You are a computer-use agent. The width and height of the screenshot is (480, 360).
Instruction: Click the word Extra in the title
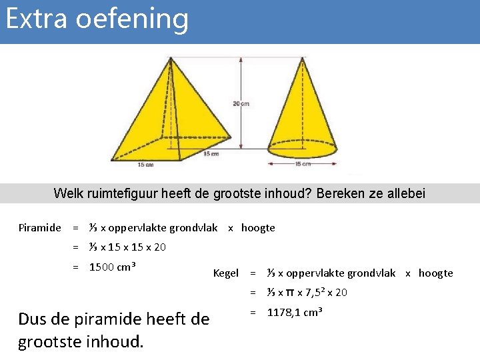click(x=37, y=19)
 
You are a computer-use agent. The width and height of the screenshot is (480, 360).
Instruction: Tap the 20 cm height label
click(x=241, y=103)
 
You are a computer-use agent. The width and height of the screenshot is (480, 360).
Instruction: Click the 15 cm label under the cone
click(x=303, y=163)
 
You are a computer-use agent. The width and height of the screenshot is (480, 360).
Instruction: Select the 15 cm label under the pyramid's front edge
click(x=145, y=164)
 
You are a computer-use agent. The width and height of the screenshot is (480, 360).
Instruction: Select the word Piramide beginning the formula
click(x=39, y=228)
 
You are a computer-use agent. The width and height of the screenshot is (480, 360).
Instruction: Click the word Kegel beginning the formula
click(x=225, y=273)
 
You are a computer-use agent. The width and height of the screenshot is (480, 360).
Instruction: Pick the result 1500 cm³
click(x=113, y=267)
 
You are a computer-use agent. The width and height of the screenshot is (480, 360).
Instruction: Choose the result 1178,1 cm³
click(x=295, y=313)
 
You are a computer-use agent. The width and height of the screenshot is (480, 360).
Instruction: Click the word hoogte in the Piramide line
click(x=258, y=228)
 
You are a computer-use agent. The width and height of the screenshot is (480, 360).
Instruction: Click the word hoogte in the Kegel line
click(x=436, y=273)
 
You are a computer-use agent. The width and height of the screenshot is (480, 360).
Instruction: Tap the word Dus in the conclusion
click(x=33, y=319)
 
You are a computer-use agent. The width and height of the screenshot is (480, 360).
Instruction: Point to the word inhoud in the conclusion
click(x=112, y=342)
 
